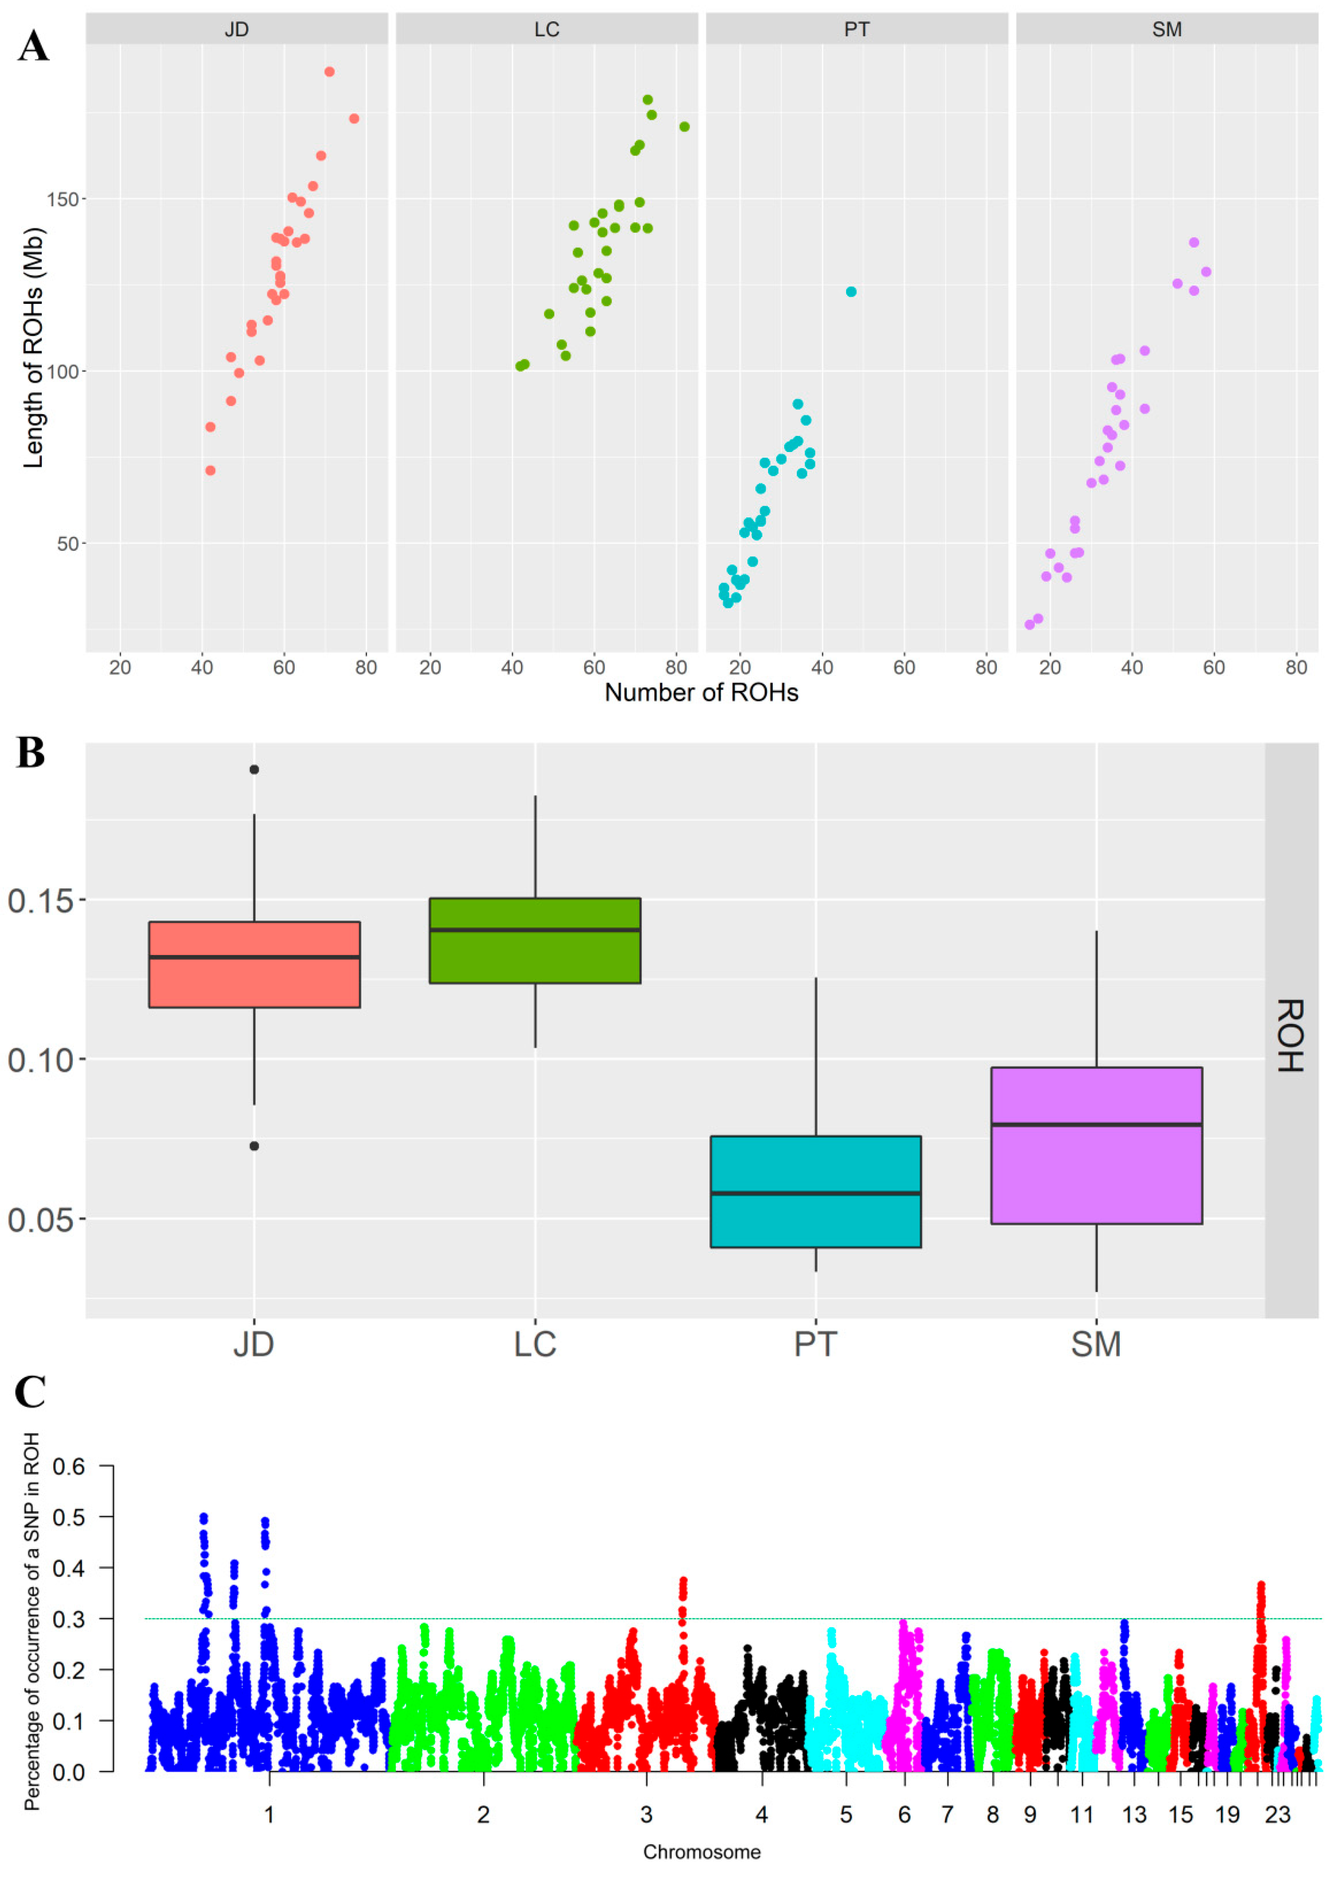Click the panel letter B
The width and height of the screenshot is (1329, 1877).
coord(30,752)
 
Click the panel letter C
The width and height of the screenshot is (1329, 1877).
coord(30,1392)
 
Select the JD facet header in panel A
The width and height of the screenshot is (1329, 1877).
coord(237,30)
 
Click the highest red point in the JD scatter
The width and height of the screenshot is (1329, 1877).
coord(330,72)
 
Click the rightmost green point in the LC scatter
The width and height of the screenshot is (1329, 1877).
coord(684,127)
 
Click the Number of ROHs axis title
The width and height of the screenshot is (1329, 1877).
coord(701,693)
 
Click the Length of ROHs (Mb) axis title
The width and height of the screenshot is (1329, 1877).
coord(33,348)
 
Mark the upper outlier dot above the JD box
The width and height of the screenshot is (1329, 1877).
coord(255,770)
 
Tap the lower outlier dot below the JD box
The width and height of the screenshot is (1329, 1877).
coord(255,1146)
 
